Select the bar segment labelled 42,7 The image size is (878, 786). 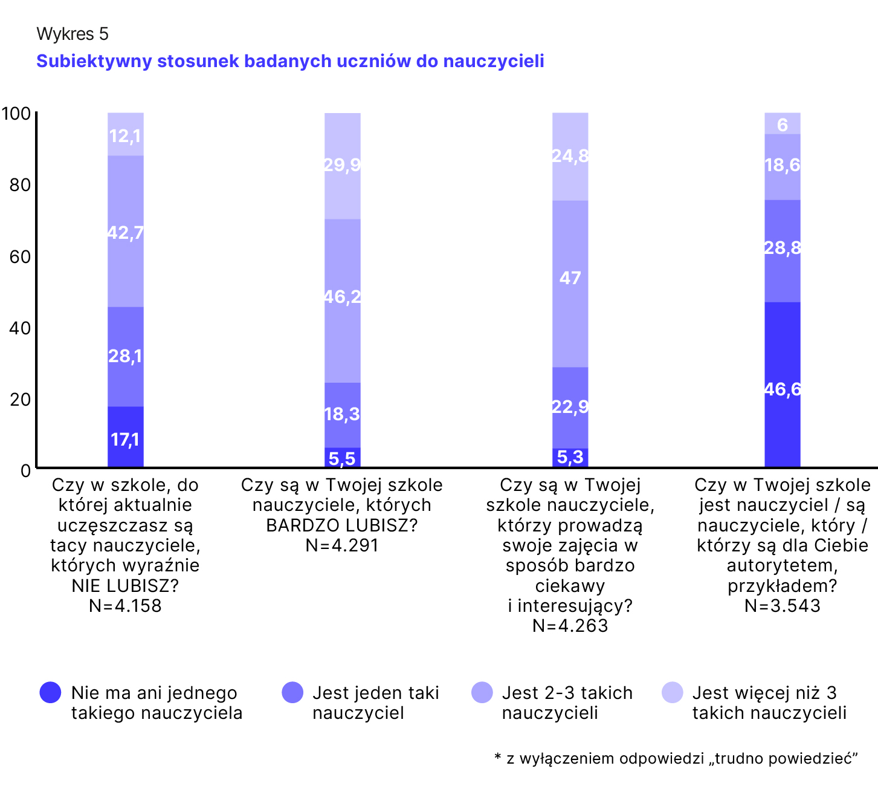click(x=126, y=232)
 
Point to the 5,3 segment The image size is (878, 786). click(x=570, y=457)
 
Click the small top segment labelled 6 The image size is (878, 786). click(x=783, y=124)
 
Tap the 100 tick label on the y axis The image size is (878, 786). click(x=16, y=114)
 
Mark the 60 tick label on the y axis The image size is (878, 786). click(x=20, y=256)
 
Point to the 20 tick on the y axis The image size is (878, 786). click(x=20, y=399)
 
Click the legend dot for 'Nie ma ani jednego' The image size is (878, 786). click(x=50, y=692)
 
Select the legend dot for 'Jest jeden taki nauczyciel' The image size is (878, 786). click(x=292, y=692)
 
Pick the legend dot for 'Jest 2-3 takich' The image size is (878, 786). click(x=482, y=692)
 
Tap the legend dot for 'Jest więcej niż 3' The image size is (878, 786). click(x=673, y=692)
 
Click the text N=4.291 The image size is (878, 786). click(x=342, y=545)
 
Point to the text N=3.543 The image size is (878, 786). click(x=783, y=606)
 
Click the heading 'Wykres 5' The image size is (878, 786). click(x=73, y=34)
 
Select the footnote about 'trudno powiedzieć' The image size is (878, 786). click(x=676, y=758)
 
